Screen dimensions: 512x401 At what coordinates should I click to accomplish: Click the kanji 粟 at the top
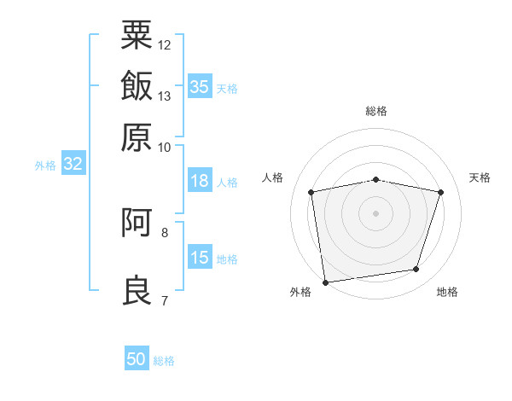point(137,35)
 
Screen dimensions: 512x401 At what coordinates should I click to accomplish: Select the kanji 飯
point(137,85)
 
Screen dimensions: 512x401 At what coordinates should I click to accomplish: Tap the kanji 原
point(137,137)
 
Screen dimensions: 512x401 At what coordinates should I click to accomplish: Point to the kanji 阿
point(137,222)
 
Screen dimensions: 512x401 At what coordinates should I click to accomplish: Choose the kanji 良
point(137,290)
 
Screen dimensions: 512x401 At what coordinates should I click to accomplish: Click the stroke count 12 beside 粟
point(164,45)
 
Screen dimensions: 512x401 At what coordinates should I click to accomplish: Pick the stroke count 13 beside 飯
point(164,96)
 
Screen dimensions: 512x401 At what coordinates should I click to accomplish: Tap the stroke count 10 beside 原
point(164,148)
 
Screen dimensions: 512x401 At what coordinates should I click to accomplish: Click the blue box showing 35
point(200,86)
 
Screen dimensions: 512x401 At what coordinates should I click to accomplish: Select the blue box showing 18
point(200,180)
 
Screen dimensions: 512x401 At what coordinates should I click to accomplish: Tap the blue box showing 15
point(200,256)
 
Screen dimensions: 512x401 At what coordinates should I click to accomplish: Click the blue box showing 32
point(73,163)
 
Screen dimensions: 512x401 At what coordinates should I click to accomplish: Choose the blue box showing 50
point(137,357)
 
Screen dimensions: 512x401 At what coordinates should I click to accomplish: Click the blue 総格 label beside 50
point(164,361)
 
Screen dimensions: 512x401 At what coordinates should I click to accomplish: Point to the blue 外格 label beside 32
point(45,166)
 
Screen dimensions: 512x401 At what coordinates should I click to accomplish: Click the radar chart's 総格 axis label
point(376,111)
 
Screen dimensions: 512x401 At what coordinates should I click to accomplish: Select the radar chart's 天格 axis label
point(480,177)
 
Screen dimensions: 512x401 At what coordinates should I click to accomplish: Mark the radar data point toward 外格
point(325,282)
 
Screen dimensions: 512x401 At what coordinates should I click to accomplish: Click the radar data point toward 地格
point(416,269)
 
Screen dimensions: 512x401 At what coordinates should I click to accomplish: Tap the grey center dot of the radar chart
point(375,213)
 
